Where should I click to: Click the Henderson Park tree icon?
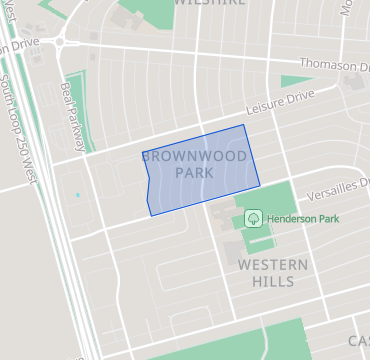point(254,216)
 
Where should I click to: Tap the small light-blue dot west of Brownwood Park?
point(77,195)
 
